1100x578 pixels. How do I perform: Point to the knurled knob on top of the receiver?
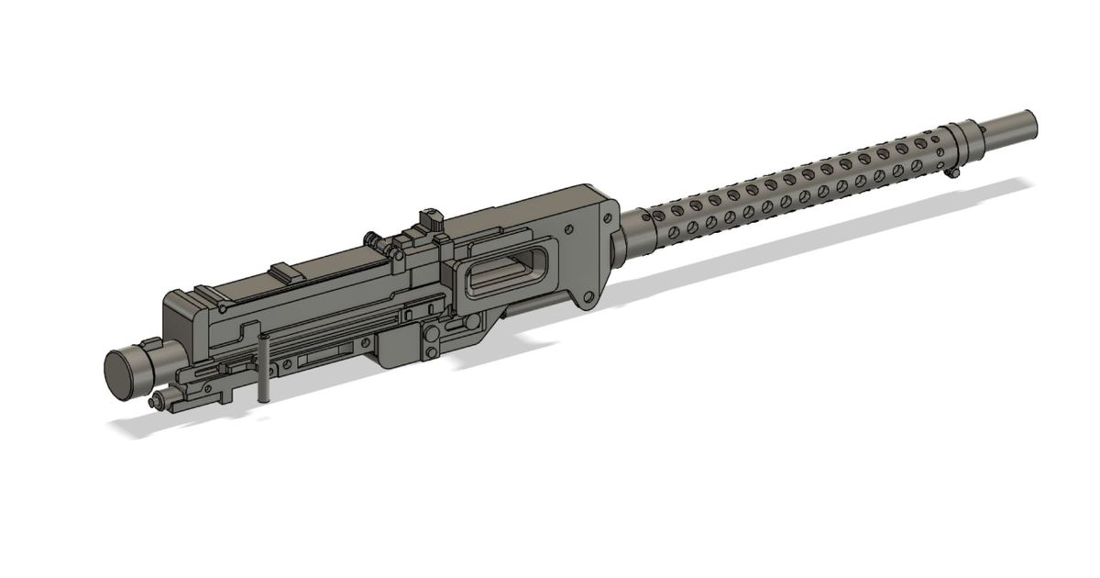click(x=429, y=221)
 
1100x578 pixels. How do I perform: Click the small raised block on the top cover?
click(x=285, y=272)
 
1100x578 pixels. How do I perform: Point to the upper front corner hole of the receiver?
click(x=606, y=217)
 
